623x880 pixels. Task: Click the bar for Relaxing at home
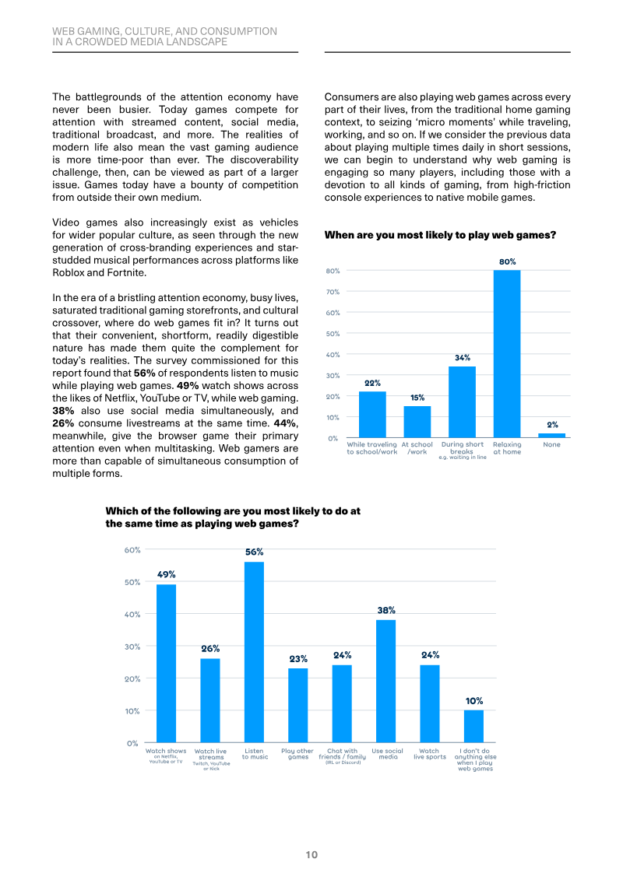pyautogui.click(x=507, y=353)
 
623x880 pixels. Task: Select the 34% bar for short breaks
pyautogui.click(x=462, y=401)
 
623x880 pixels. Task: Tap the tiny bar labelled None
pyautogui.click(x=551, y=436)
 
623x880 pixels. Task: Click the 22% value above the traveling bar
pyautogui.click(x=372, y=383)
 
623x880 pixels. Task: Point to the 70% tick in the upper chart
pyautogui.click(x=333, y=292)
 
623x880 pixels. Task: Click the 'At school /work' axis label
pyautogui.click(x=417, y=448)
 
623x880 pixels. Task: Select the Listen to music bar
pyautogui.click(x=254, y=652)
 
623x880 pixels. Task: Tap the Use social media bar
pyautogui.click(x=386, y=682)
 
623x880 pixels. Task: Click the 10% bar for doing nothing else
pyautogui.click(x=473, y=726)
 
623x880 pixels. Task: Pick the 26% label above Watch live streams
pyautogui.click(x=210, y=648)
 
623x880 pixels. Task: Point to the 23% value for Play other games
pyautogui.click(x=298, y=658)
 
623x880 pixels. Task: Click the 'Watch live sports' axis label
pyautogui.click(x=430, y=754)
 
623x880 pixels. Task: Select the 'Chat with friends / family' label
pyautogui.click(x=342, y=754)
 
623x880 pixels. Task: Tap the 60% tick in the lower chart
pyautogui.click(x=132, y=550)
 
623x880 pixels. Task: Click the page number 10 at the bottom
pyautogui.click(x=311, y=855)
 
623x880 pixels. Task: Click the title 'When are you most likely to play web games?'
pyautogui.click(x=440, y=235)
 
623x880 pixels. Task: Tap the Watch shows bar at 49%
pyautogui.click(x=166, y=664)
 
